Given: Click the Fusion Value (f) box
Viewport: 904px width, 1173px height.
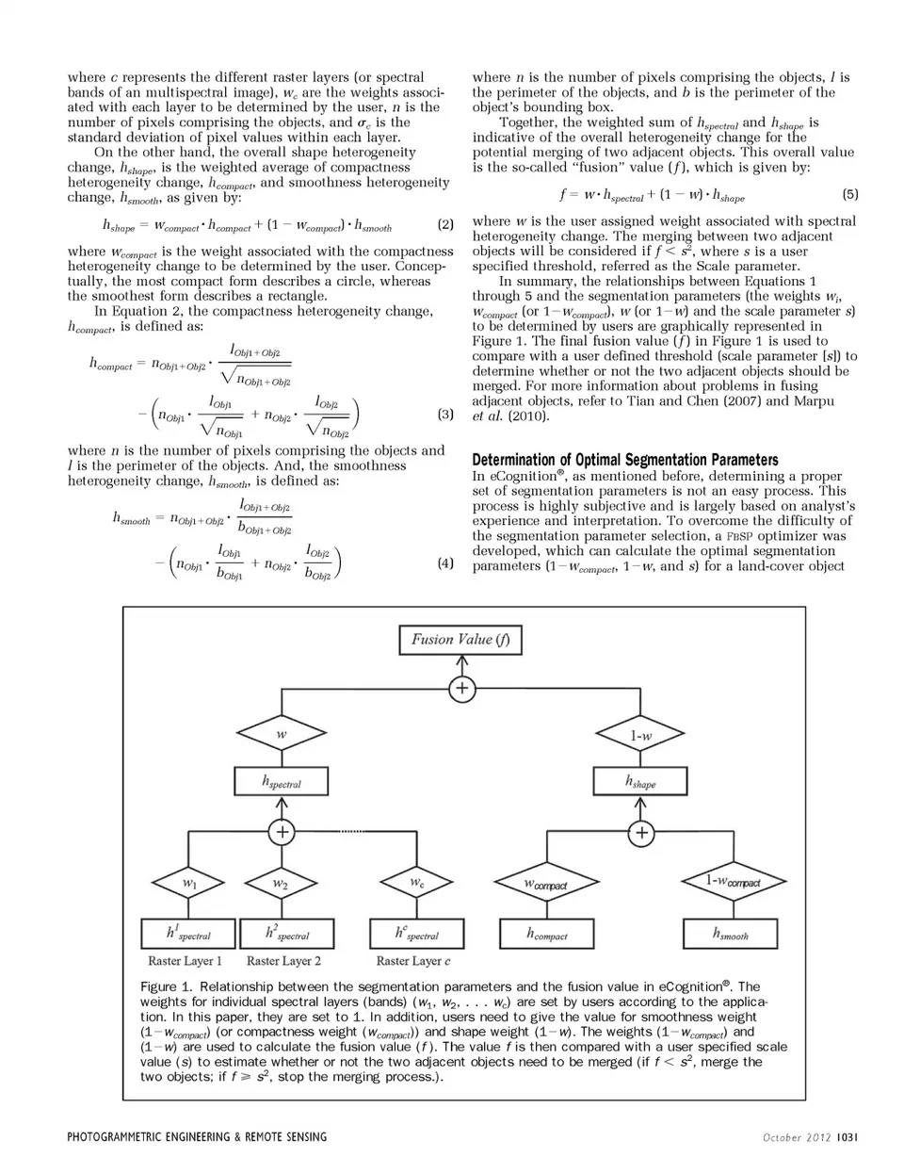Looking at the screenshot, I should pyautogui.click(x=460, y=640).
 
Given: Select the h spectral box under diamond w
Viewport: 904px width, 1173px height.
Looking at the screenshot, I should pyautogui.click(x=281, y=782).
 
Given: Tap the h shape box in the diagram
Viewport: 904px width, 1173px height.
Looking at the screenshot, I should pyautogui.click(x=640, y=782).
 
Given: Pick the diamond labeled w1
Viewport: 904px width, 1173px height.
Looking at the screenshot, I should pyautogui.click(x=189, y=884).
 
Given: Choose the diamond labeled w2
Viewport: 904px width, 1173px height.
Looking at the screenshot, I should pyautogui.click(x=281, y=884).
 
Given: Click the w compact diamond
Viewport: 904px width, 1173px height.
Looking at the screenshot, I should pyautogui.click(x=546, y=884).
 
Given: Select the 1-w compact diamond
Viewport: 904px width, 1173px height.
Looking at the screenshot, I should pyautogui.click(x=733, y=883).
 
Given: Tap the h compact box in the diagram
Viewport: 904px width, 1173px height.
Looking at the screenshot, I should pyautogui.click(x=546, y=934).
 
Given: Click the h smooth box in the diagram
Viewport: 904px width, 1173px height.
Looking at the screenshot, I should pyautogui.click(x=731, y=934).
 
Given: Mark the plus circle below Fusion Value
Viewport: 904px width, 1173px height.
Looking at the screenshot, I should pyautogui.click(x=461, y=690).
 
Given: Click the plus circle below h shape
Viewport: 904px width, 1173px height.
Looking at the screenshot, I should pyautogui.click(x=641, y=833).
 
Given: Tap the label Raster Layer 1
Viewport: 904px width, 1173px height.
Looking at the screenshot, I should pyautogui.click(x=186, y=961).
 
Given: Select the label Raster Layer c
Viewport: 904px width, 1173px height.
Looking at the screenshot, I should pyautogui.click(x=413, y=961).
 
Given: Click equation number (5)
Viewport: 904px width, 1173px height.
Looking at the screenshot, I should pyautogui.click(x=850, y=195).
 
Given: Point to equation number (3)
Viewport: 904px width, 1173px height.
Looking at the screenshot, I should pyautogui.click(x=446, y=414).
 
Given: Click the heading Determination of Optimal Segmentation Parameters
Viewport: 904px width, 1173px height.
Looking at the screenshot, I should pyautogui.click(x=624, y=460).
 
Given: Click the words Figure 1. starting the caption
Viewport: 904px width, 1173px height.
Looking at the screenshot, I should pyautogui.click(x=167, y=986).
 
